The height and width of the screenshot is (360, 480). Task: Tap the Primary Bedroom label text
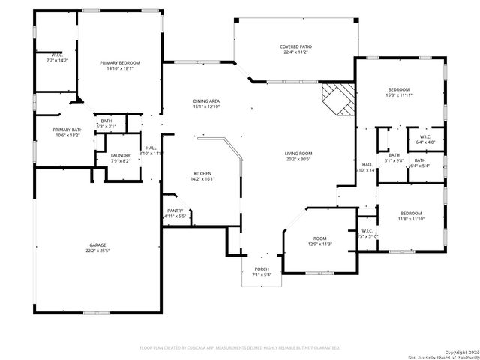click(120, 63)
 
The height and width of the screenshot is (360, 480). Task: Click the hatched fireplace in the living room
click(337, 98)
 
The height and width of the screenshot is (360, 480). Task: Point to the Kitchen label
click(203, 173)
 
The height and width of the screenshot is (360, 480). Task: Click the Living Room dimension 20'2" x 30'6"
click(298, 159)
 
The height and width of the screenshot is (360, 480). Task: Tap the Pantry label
click(175, 211)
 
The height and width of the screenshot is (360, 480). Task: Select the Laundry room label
click(121, 155)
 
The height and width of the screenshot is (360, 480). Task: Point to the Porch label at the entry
click(262, 269)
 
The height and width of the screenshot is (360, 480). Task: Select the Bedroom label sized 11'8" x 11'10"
click(410, 214)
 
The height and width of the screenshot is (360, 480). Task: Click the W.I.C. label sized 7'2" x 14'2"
click(57, 56)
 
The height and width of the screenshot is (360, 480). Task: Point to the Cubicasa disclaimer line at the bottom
click(240, 347)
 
